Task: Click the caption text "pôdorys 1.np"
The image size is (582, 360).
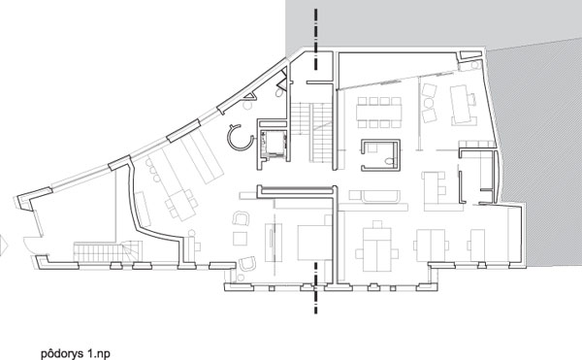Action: click(76, 353)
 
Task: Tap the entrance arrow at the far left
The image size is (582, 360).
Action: click(4, 245)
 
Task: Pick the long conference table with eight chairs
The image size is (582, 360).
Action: click(379, 113)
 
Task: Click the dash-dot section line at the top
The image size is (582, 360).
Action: click(316, 40)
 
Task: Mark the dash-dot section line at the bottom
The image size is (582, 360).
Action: click(316, 288)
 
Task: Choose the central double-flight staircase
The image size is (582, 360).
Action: click(311, 132)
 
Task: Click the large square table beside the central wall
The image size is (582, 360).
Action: click(314, 243)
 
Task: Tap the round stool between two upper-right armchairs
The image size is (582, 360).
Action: click(429, 103)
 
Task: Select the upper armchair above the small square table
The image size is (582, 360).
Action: click(241, 218)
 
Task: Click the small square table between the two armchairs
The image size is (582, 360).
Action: click(241, 239)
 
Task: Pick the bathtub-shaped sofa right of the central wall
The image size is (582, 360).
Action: click(381, 196)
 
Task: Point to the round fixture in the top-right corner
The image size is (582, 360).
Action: click(474, 66)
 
